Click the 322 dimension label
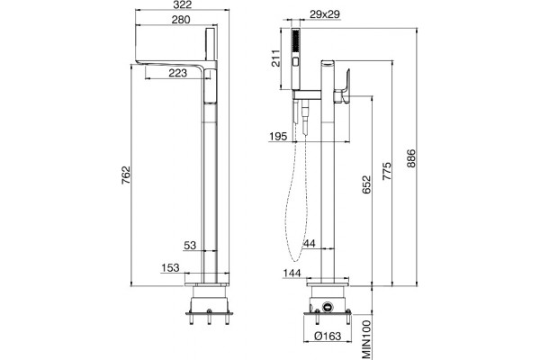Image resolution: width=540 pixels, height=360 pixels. pyautogui.click(x=182, y=4)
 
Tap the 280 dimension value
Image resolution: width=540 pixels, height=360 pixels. pyautogui.click(x=181, y=20)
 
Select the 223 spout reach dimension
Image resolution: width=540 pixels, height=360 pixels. pyautogui.click(x=177, y=73)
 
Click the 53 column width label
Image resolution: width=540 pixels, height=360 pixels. pyautogui.click(x=190, y=246)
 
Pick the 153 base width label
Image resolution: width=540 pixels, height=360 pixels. pyautogui.click(x=170, y=267)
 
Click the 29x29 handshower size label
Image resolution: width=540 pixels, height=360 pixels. pyautogui.click(x=325, y=14)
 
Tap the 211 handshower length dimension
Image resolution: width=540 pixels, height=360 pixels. pyautogui.click(x=275, y=58)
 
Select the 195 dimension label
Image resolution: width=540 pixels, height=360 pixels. pyautogui.click(x=278, y=137)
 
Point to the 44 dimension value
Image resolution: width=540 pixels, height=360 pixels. pyautogui.click(x=309, y=244)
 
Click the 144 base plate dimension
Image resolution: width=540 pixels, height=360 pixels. pyautogui.click(x=292, y=274)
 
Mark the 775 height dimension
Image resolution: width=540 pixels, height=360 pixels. pyautogui.click(x=387, y=171)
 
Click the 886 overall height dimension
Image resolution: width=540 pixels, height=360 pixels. pyautogui.click(x=411, y=158)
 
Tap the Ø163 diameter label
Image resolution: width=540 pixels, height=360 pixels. pyautogui.click(x=328, y=336)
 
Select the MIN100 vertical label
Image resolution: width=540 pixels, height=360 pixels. pyautogui.click(x=367, y=339)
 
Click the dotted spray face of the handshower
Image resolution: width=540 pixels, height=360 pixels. pyautogui.click(x=296, y=41)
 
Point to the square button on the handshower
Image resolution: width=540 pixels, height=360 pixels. pyautogui.click(x=296, y=62)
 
